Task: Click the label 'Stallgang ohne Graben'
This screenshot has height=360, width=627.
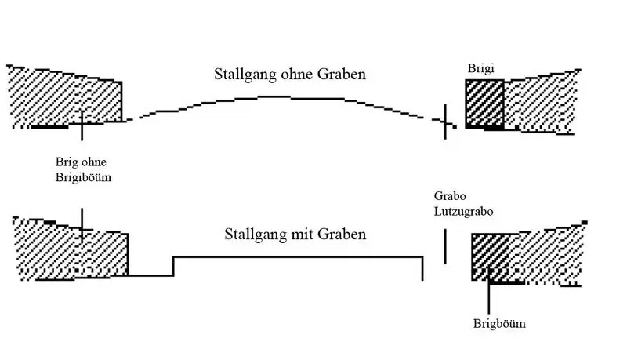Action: (x=291, y=75)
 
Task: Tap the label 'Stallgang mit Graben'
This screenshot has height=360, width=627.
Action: (x=295, y=235)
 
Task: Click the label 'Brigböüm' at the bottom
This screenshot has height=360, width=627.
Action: (x=499, y=324)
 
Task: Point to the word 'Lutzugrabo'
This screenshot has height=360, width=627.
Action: (x=463, y=211)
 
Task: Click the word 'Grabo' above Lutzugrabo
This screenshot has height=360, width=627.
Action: (x=449, y=196)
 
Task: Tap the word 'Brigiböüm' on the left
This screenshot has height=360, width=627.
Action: (x=83, y=178)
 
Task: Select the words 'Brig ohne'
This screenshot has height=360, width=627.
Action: (x=81, y=162)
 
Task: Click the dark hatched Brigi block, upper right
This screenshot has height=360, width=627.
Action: (x=484, y=104)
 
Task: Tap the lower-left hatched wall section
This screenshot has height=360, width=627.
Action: (x=71, y=249)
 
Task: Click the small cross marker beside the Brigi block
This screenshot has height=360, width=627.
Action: (x=446, y=122)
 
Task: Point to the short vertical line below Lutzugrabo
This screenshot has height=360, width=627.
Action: (x=446, y=246)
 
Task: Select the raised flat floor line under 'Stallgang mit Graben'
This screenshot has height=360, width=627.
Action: (x=298, y=256)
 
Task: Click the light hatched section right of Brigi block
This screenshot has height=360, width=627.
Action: (x=541, y=102)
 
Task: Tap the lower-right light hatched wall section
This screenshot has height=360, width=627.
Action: (x=549, y=255)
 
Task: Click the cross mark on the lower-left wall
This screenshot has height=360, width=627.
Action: (x=82, y=227)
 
